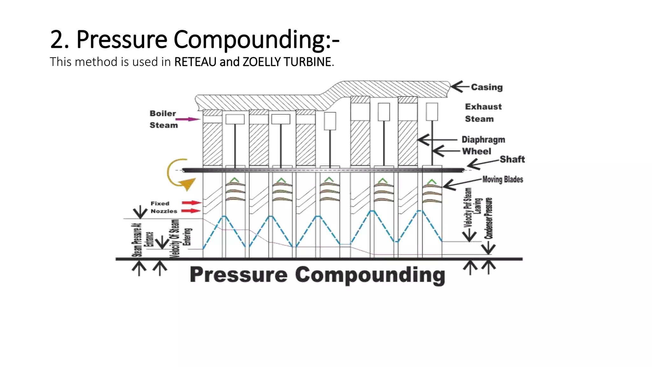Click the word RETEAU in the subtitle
click(195, 62)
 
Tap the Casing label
click(487, 87)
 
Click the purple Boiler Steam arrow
click(188, 119)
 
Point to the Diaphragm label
click(483, 140)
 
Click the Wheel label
click(477, 151)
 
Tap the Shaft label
click(512, 159)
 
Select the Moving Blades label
click(502, 179)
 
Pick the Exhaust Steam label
click(483, 113)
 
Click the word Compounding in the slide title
click(256, 40)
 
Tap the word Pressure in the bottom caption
click(238, 275)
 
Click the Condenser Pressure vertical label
click(489, 218)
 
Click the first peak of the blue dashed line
click(224, 216)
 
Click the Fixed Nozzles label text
click(164, 207)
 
